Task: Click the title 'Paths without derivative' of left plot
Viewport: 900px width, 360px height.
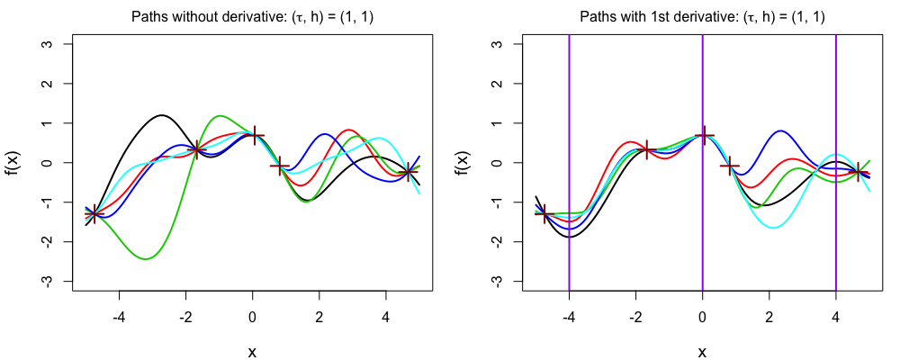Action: click(x=252, y=17)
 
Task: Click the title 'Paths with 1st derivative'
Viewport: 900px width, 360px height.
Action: click(x=702, y=17)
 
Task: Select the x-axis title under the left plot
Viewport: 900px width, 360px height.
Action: click(x=252, y=352)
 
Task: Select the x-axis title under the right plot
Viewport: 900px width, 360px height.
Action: click(x=702, y=352)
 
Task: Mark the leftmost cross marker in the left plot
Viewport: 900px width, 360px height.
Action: click(x=94, y=213)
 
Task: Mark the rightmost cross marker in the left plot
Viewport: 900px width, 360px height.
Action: click(x=409, y=171)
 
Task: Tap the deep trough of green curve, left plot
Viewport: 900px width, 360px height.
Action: click(x=146, y=259)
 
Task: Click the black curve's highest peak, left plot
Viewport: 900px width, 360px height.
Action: click(x=161, y=115)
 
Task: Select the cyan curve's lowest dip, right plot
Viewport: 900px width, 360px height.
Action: click(x=772, y=228)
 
